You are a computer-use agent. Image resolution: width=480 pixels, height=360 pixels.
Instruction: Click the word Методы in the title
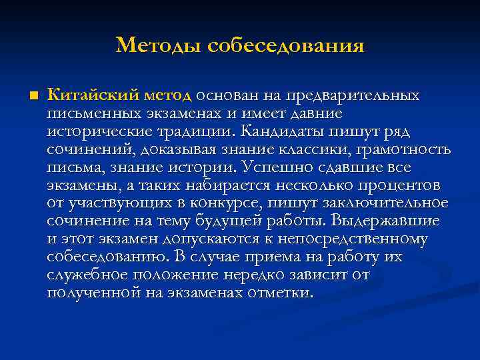coord(158,46)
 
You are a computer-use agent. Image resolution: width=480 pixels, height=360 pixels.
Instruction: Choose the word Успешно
coord(280,167)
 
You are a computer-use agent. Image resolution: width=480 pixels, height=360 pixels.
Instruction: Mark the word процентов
coord(396,185)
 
